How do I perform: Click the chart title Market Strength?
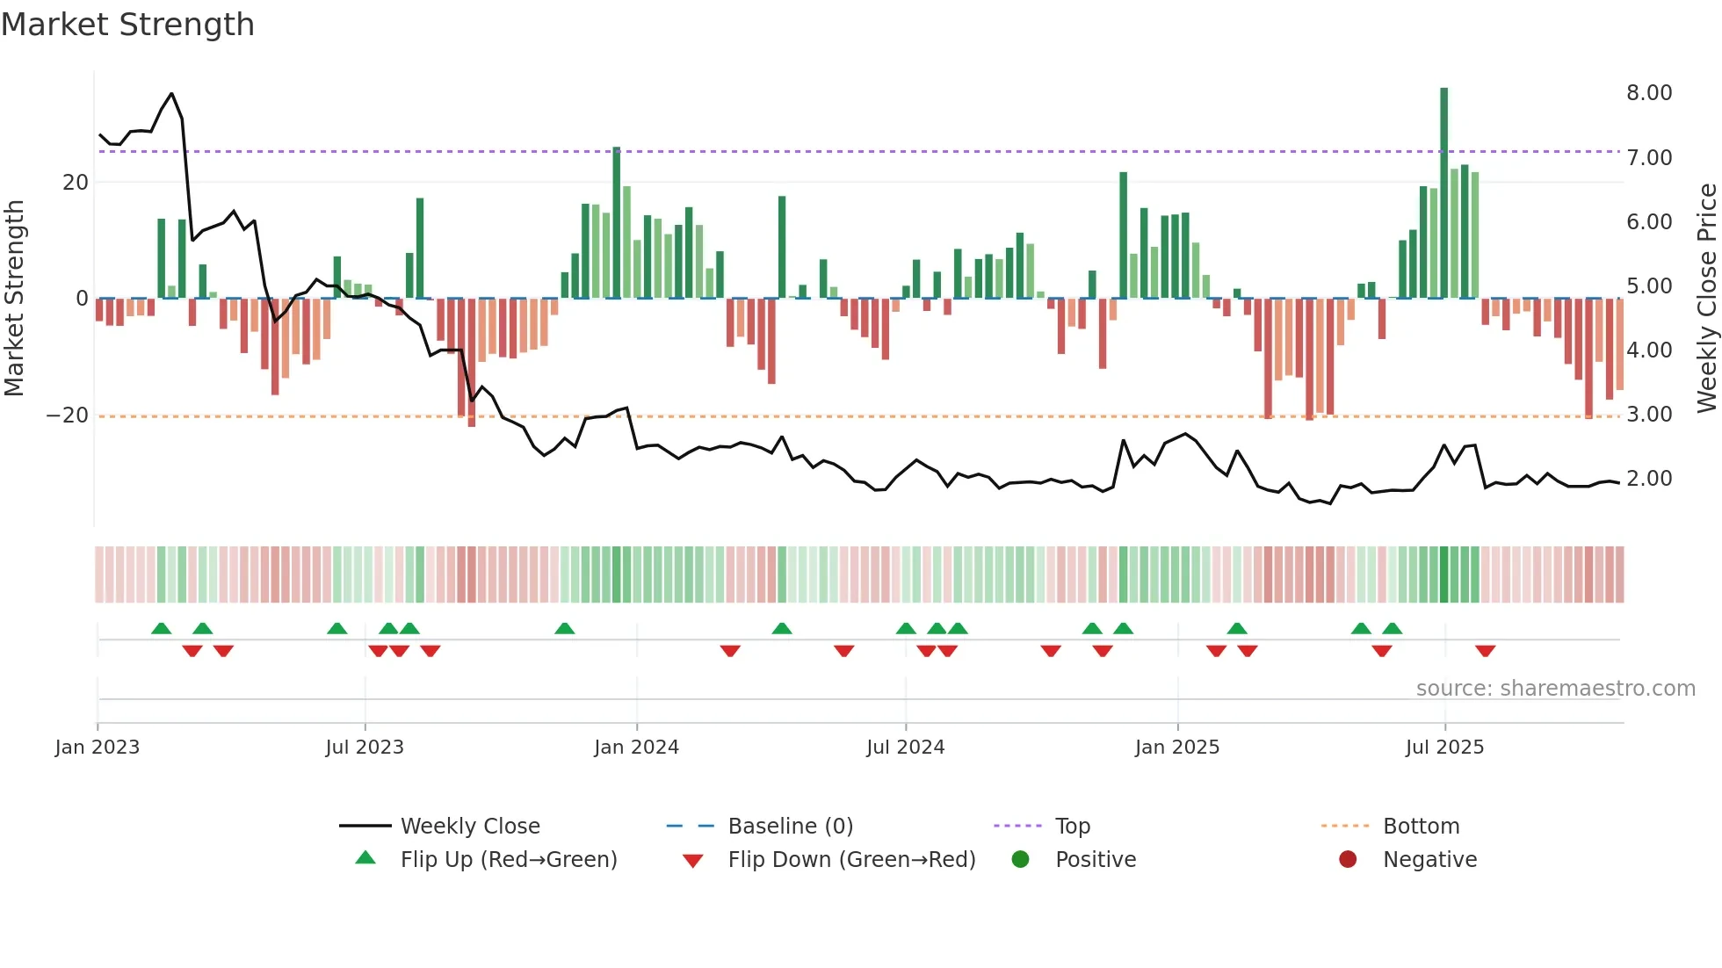pyautogui.click(x=127, y=25)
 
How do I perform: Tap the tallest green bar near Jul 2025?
pyautogui.click(x=1443, y=193)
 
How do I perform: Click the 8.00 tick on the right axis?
pyautogui.click(x=1648, y=93)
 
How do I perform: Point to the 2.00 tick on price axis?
pyautogui.click(x=1648, y=479)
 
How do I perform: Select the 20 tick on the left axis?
pyautogui.click(x=76, y=183)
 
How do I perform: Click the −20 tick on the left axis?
pyautogui.click(x=68, y=415)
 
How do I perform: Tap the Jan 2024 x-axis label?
pyautogui.click(x=636, y=748)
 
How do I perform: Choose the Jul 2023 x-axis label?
pyautogui.click(x=364, y=748)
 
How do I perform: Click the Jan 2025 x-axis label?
pyautogui.click(x=1176, y=748)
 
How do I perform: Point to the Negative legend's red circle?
pyautogui.click(x=1347, y=860)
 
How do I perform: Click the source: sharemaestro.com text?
pyautogui.click(x=1555, y=689)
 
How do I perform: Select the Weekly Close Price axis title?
pyautogui.click(x=1706, y=299)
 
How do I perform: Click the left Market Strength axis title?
pyautogui.click(x=15, y=299)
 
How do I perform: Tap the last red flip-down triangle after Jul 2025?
pyautogui.click(x=1485, y=651)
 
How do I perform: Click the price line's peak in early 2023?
pyautogui.click(x=171, y=94)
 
